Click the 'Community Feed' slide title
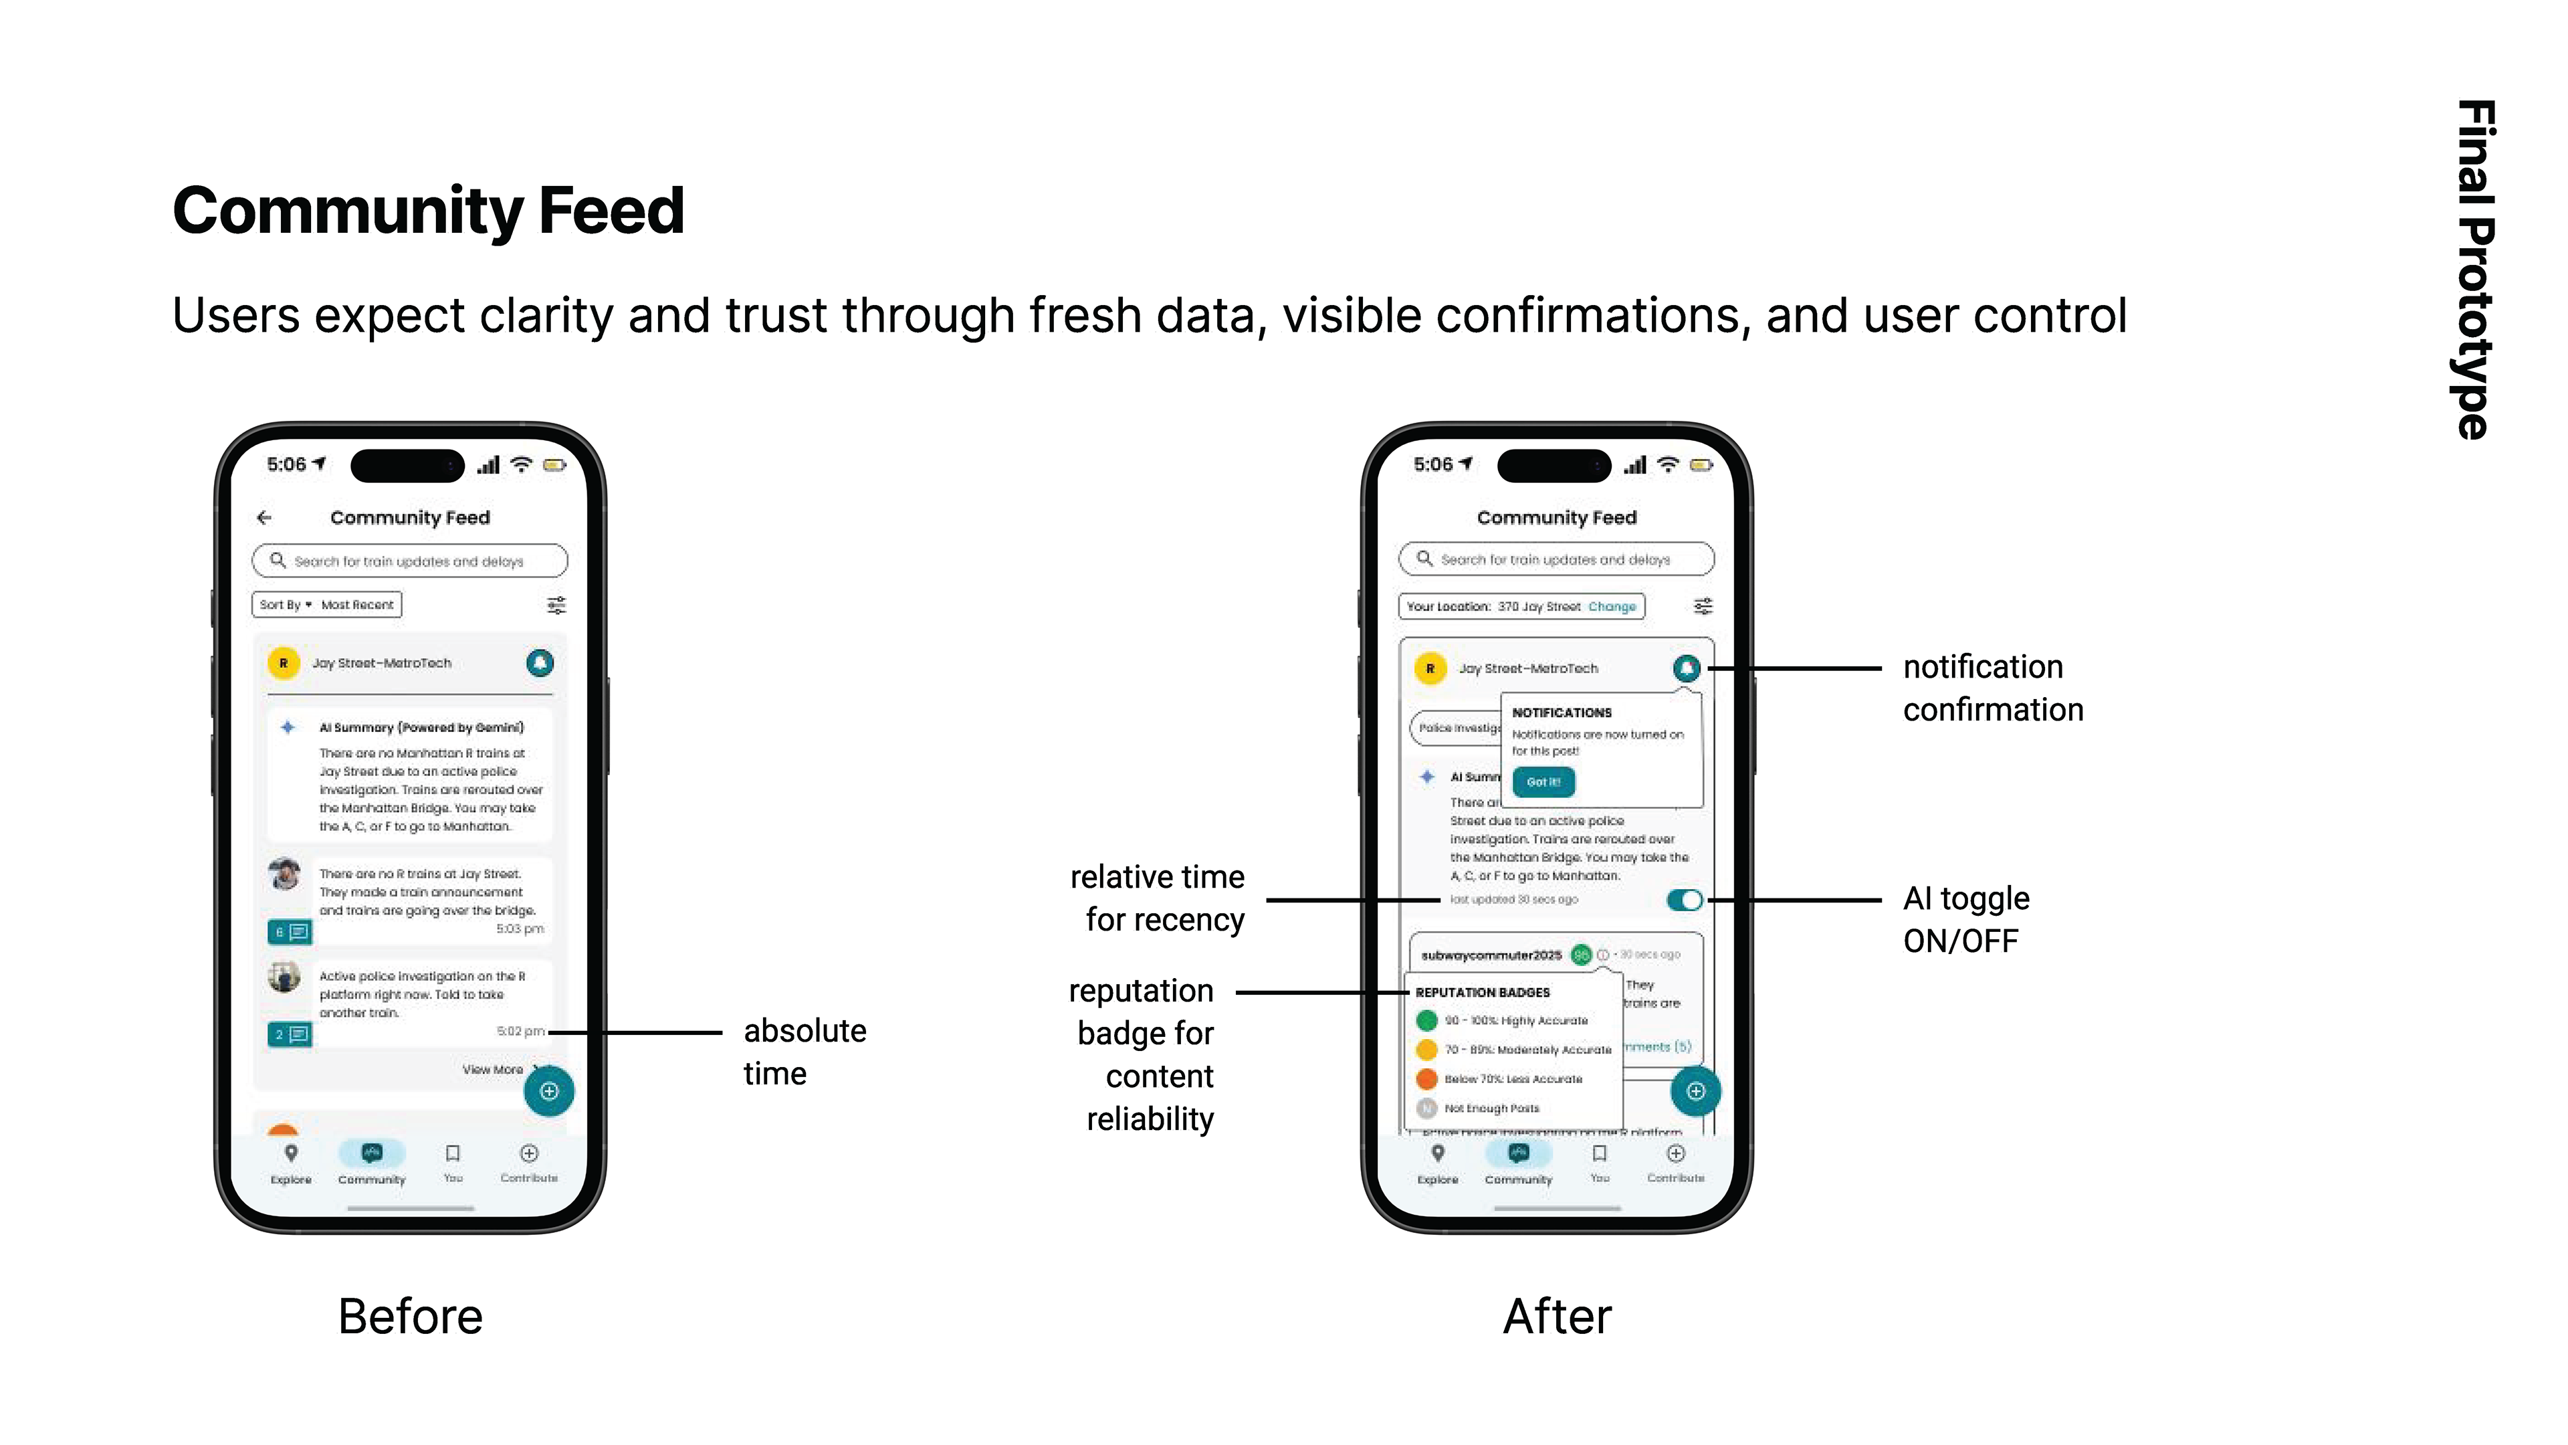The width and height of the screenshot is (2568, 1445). click(428, 211)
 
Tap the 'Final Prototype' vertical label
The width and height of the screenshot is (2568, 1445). click(2474, 269)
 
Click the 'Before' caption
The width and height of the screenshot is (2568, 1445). click(410, 1317)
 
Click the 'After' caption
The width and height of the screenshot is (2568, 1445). click(1556, 1317)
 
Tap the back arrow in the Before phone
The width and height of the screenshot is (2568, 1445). click(264, 518)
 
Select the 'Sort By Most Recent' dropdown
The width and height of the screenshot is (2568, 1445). click(327, 604)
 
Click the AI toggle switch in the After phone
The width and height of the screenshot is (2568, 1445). click(1685, 900)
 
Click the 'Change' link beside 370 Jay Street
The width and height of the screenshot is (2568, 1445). click(1612, 606)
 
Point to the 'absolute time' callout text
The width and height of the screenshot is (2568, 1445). click(805, 1052)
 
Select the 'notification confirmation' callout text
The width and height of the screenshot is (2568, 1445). click(1992, 688)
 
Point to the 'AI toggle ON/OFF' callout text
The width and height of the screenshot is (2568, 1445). click(1965, 919)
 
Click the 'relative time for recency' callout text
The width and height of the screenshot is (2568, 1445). click(1158, 898)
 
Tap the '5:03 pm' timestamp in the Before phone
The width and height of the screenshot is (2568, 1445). click(520, 929)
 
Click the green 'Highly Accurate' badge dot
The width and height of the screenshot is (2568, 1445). click(1426, 1020)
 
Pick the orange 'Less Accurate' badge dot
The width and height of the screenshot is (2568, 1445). click(1426, 1078)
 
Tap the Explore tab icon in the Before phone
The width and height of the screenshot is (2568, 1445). click(291, 1154)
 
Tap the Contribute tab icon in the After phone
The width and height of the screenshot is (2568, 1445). click(1676, 1154)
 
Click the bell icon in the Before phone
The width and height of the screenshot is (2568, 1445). click(539, 663)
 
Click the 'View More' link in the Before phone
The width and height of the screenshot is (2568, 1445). click(492, 1069)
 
